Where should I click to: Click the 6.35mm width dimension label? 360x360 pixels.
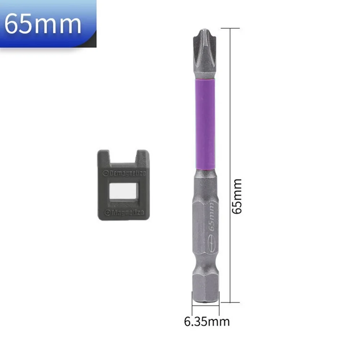coord(207,321)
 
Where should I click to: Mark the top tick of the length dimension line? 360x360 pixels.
coord(229,28)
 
